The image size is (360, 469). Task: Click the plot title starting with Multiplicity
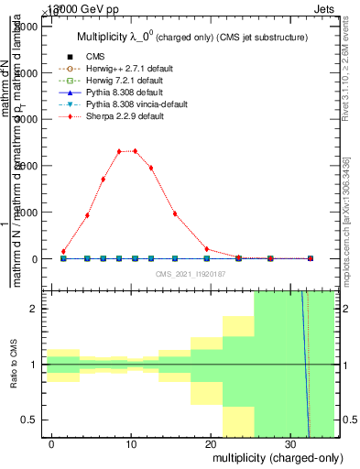[x=191, y=38]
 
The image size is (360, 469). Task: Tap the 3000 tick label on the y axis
[x=27, y=120]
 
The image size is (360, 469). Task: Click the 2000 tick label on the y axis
[x=27, y=167]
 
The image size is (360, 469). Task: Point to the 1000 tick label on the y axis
[x=27, y=213]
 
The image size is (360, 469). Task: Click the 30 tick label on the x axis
[x=290, y=442]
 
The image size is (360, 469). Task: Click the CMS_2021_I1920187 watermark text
[x=191, y=274]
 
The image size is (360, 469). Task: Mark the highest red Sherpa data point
[x=135, y=151]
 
